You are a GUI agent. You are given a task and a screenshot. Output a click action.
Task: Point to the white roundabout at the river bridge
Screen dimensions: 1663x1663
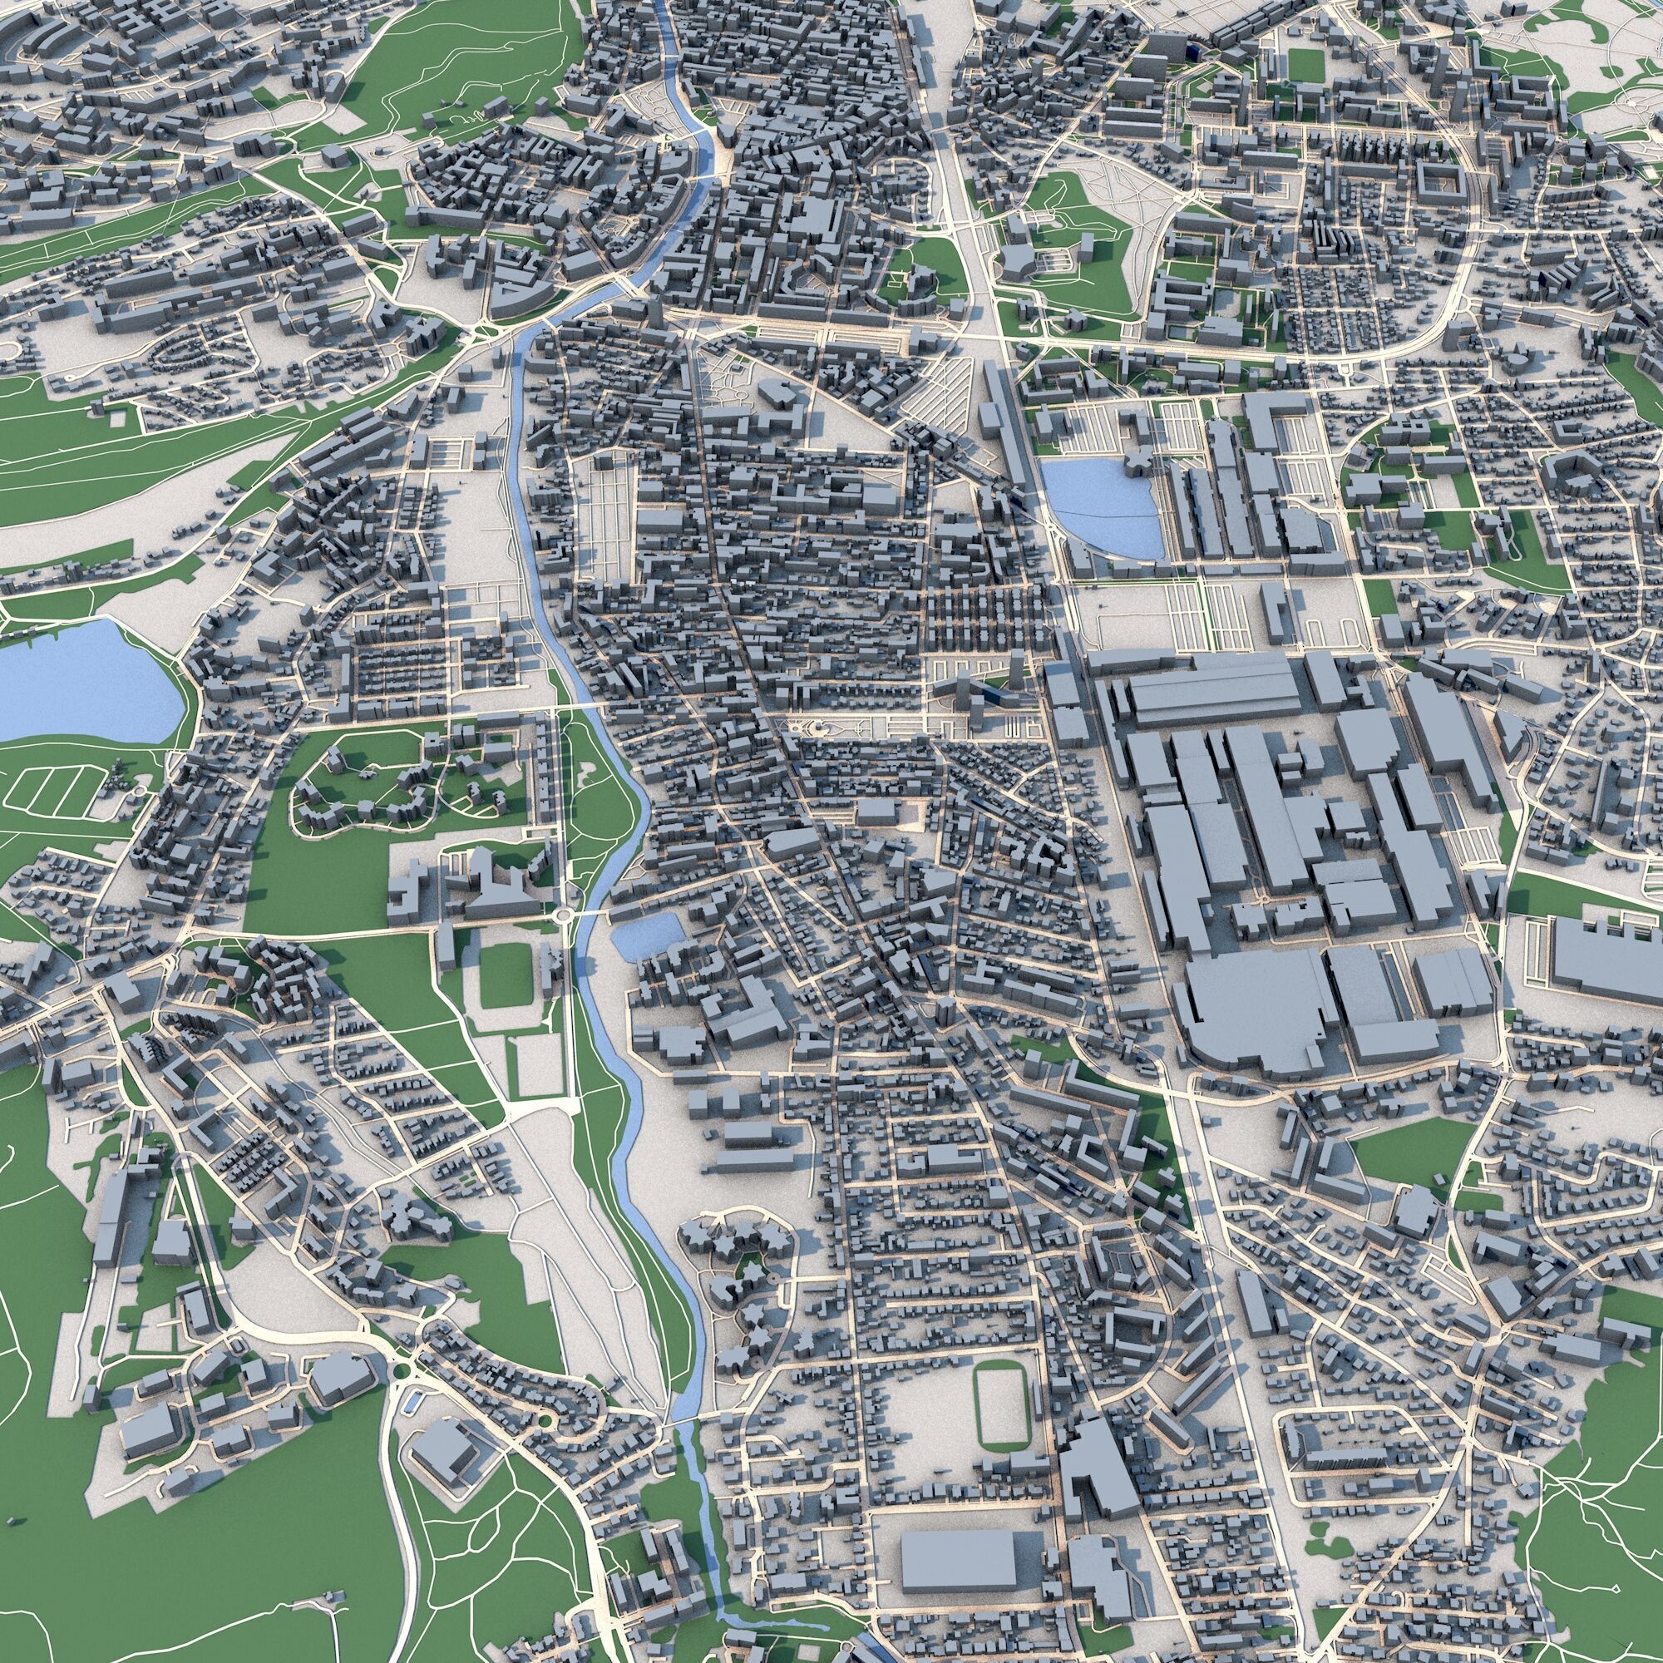coord(565,915)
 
